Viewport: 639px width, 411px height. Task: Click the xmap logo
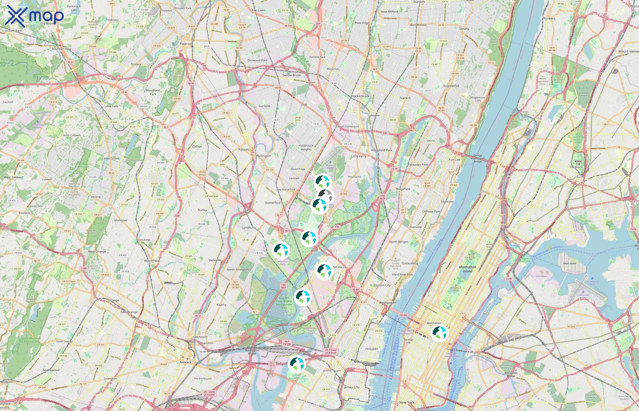(x=34, y=16)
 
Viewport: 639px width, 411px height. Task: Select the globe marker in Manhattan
(x=439, y=333)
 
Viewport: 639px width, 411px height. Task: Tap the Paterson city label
(x=186, y=44)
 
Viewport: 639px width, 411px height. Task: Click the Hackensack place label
(x=360, y=96)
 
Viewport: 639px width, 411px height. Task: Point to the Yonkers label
(x=549, y=18)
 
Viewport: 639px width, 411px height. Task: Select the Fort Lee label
(x=454, y=160)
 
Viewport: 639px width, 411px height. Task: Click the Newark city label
(x=186, y=362)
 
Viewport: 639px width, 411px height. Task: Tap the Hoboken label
(x=372, y=349)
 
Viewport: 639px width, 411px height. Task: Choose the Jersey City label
(x=351, y=387)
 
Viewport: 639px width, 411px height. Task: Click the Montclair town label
(x=121, y=220)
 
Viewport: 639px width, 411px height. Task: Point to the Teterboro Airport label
(x=330, y=166)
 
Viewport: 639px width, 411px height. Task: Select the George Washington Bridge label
(x=478, y=158)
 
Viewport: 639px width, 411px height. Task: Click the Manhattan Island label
(x=468, y=269)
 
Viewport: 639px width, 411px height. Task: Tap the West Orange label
(x=97, y=251)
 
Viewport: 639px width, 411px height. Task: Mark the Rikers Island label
(x=570, y=263)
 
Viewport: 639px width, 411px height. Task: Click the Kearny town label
(x=221, y=305)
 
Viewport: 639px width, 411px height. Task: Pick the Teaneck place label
(x=405, y=98)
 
